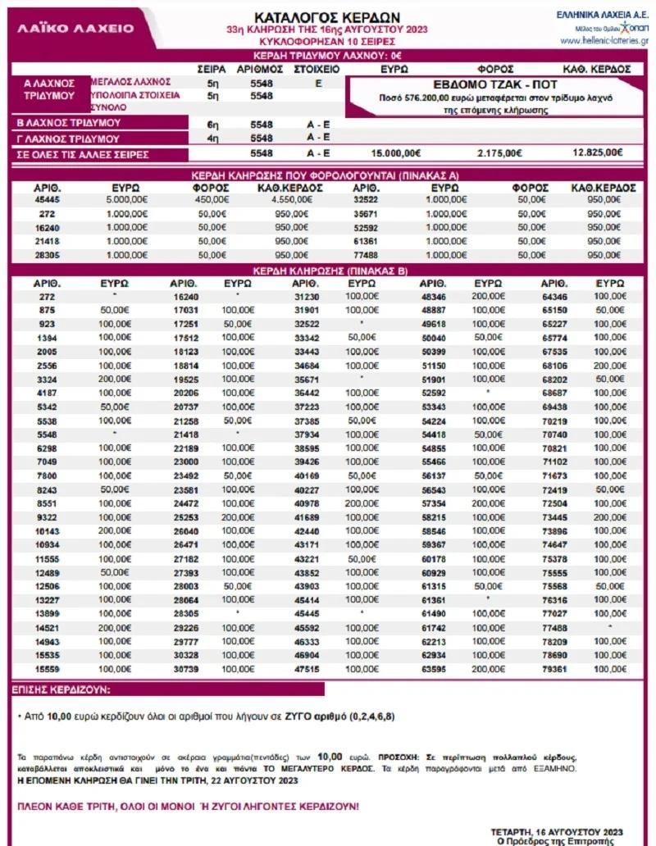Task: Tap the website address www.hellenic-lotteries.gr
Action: coord(604,40)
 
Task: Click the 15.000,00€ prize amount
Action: coord(395,152)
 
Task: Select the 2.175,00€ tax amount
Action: coord(499,152)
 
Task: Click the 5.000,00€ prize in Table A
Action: coord(127,198)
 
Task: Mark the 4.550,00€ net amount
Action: coord(289,198)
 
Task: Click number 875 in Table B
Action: coord(46,310)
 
